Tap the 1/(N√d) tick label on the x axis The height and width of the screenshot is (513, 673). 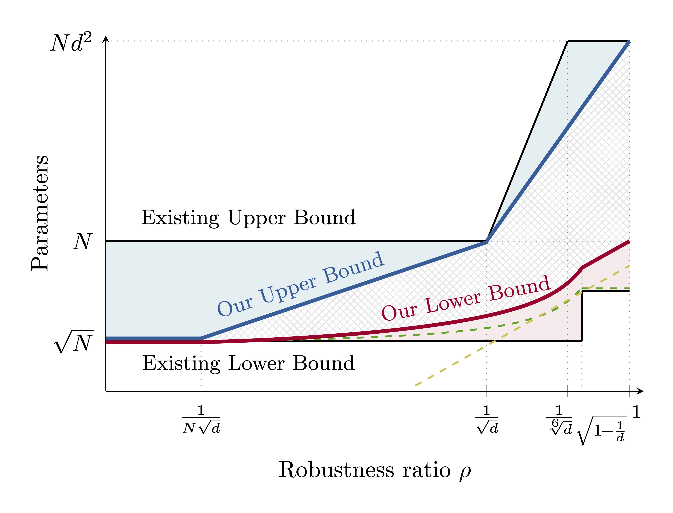(201, 420)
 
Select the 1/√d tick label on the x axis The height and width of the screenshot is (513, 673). (487, 420)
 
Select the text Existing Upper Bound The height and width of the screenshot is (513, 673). (248, 218)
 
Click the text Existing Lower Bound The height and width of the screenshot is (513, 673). (248, 363)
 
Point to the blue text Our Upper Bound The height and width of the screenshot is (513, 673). (301, 284)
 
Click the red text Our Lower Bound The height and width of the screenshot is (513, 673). (466, 298)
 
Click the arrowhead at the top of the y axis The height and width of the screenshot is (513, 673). (106, 38)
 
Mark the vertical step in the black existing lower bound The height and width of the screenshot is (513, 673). (582, 316)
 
